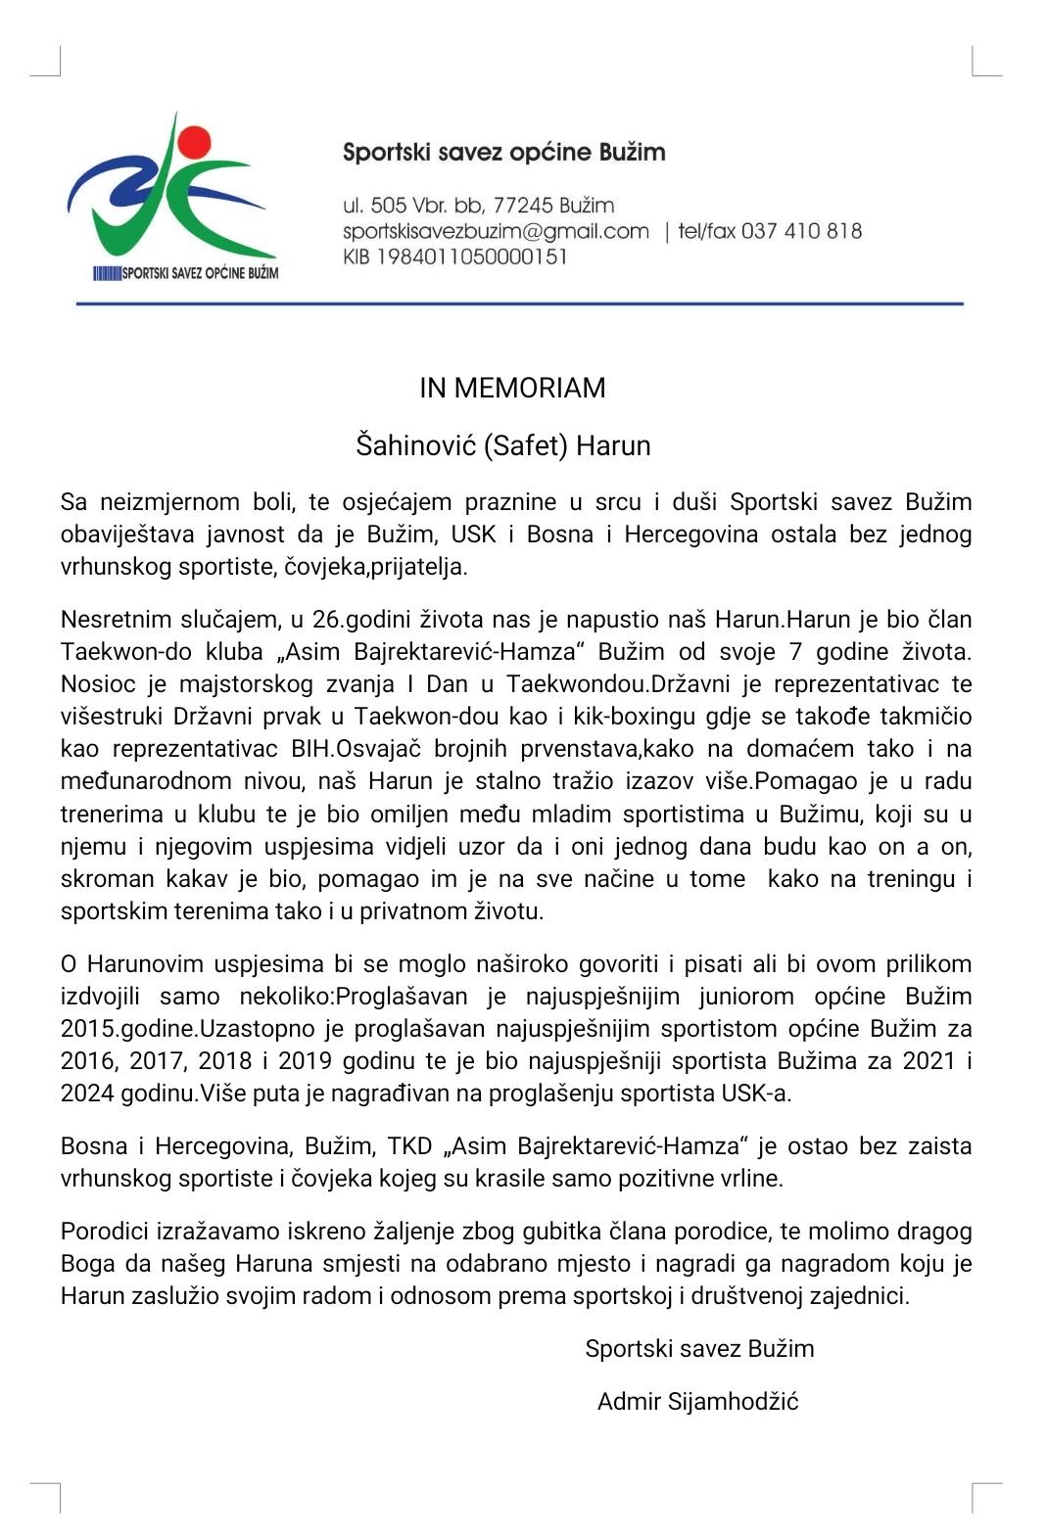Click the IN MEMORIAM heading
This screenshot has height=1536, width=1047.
tap(512, 388)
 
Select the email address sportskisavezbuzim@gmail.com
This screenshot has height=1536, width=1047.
tap(496, 231)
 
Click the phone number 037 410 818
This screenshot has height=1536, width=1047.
tap(801, 231)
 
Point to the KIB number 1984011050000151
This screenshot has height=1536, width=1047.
tap(455, 256)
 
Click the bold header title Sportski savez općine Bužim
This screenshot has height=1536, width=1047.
tap(503, 152)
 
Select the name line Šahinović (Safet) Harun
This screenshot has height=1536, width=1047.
tap(502, 445)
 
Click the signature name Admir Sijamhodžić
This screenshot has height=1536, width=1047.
tap(697, 1401)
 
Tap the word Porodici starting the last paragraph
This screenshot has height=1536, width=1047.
tap(103, 1231)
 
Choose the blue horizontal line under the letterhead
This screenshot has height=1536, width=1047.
tap(519, 303)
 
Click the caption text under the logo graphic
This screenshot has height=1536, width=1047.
tap(186, 272)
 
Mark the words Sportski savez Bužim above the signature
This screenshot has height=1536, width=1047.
tap(699, 1348)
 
